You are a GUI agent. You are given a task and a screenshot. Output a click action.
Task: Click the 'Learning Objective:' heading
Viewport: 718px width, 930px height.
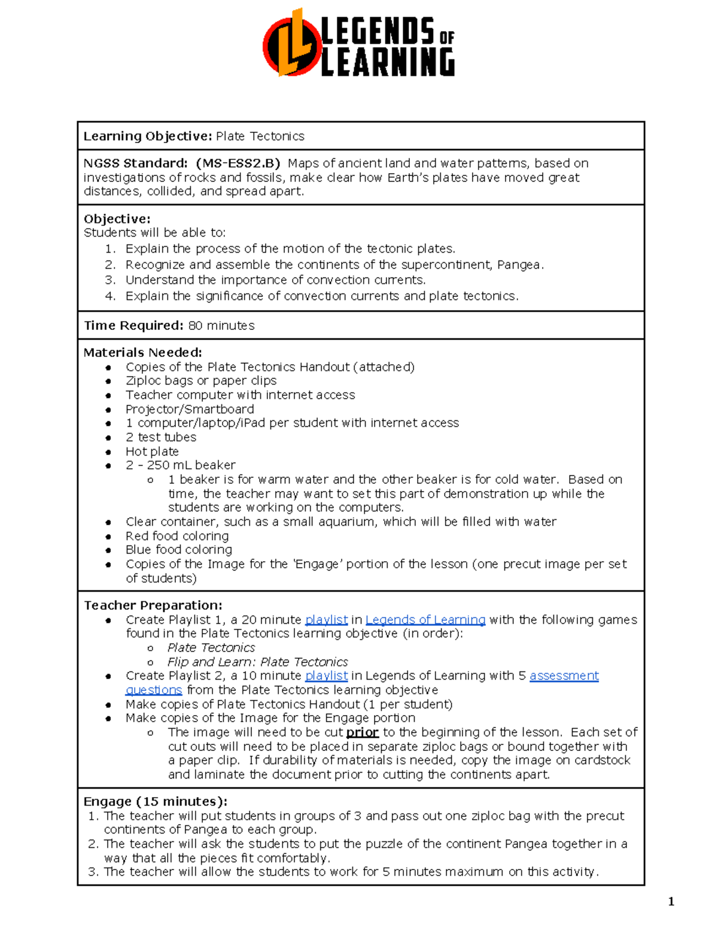[147, 137]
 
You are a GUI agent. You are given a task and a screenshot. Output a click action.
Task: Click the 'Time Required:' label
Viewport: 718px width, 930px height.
[133, 326]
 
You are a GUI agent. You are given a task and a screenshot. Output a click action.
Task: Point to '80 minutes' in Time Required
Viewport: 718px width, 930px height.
[221, 326]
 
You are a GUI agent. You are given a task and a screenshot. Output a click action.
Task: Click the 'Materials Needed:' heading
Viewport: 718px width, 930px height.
[142, 353]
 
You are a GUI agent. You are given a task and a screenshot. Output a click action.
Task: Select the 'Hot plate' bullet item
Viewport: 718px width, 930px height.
[152, 452]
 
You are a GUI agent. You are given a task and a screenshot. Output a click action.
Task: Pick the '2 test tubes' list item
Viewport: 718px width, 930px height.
[160, 437]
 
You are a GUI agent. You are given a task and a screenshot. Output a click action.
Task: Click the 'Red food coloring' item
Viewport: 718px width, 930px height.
[177, 536]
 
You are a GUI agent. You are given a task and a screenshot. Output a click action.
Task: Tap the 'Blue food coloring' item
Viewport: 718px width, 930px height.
[178, 550]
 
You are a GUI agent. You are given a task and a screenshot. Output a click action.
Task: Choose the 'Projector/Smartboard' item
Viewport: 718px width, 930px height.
[189, 410]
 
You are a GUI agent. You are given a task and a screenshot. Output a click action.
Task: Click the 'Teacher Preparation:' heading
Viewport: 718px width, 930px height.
[153, 605]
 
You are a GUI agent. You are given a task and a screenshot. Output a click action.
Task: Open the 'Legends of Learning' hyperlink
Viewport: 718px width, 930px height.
[425, 620]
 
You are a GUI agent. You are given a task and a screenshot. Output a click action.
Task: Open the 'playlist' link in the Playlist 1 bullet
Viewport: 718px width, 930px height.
[326, 620]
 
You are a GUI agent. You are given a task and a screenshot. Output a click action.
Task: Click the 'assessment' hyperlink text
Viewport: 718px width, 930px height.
[564, 676]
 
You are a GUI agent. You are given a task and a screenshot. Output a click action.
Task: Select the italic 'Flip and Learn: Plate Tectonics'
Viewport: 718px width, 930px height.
[257, 662]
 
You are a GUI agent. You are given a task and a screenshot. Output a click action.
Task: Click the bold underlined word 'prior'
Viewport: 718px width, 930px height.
[362, 732]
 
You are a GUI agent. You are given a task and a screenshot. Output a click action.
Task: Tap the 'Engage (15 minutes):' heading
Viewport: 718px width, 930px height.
[155, 802]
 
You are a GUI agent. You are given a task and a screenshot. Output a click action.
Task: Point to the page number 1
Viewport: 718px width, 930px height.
[671, 902]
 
